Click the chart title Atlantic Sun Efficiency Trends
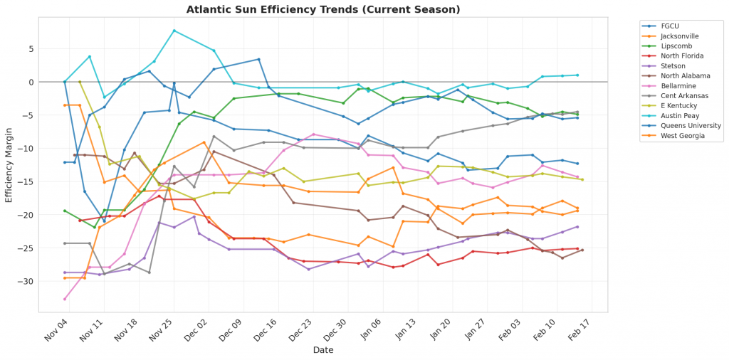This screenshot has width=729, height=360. point(323,9)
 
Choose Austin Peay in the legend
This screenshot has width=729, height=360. point(678,115)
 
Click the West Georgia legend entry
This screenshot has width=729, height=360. point(679,135)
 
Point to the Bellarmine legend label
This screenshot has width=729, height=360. point(675,85)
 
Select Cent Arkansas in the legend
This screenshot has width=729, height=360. point(679,95)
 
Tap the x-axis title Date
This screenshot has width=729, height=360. point(324,349)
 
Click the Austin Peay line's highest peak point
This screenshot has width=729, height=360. point(174,31)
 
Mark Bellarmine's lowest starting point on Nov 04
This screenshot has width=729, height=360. point(65,299)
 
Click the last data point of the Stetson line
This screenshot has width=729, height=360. point(577,226)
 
